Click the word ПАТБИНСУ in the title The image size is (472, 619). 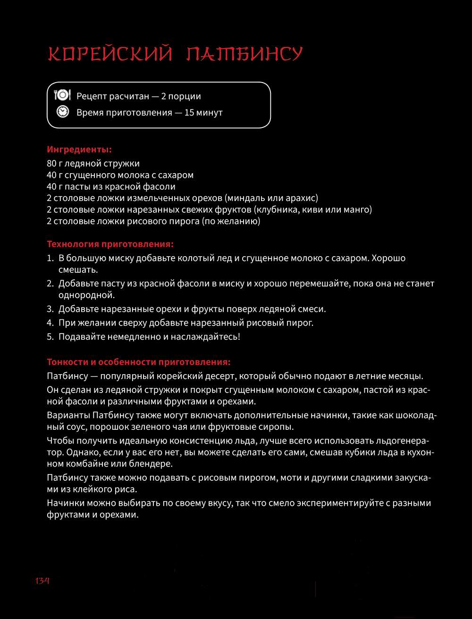coord(244,54)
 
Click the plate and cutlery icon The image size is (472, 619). coord(62,96)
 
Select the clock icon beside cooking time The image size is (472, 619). coord(62,112)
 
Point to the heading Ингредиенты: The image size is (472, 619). coord(79,150)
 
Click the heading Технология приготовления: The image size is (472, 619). coord(110,244)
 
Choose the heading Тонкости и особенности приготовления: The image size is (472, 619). coord(139,362)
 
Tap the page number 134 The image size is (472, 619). coord(42,581)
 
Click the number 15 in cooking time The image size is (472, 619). coord(190,113)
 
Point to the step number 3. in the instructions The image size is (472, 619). coord(50,309)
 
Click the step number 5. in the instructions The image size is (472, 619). coord(50,337)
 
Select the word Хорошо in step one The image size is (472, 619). coord(389,259)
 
